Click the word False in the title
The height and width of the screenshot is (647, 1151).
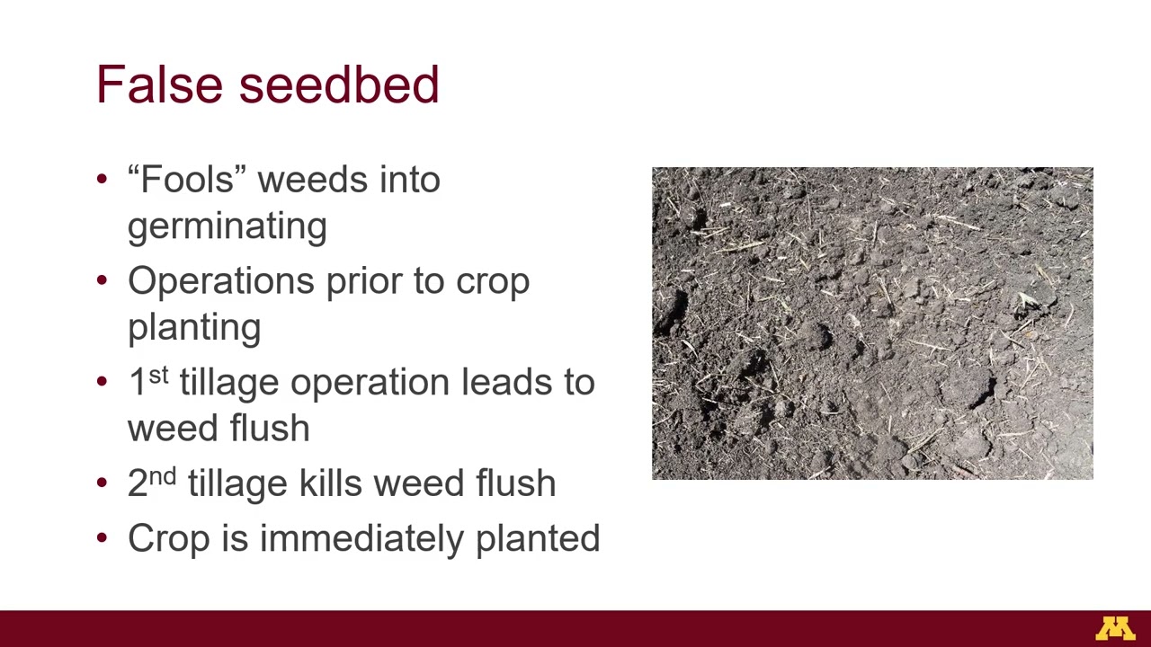[158, 84]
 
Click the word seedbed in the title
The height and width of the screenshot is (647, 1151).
[339, 84]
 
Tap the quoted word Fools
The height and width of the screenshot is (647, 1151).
[187, 180]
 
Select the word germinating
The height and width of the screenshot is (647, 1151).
[227, 226]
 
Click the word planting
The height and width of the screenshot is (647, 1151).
[194, 328]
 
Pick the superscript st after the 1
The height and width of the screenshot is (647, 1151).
[158, 375]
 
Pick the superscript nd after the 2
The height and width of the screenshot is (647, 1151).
[163, 476]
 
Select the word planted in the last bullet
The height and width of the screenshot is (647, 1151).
[538, 538]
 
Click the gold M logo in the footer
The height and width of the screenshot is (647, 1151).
[1115, 628]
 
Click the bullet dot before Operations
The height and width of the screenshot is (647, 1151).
[102, 281]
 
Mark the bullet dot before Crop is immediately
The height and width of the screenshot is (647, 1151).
[102, 538]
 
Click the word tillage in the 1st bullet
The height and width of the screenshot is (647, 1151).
[229, 383]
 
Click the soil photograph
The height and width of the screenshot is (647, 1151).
[872, 323]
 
